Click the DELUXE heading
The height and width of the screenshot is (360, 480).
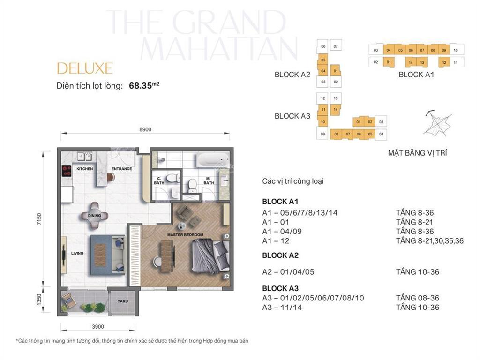tap(85, 68)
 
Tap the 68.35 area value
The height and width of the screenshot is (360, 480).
tap(140, 86)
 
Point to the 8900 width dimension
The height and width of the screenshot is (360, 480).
tap(145, 130)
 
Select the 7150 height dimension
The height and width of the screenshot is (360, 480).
tap(39, 219)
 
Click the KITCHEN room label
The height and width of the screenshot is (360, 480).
tap(84, 169)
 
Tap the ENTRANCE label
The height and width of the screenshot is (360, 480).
tap(121, 169)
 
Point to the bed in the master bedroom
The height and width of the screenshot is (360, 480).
tap(210, 255)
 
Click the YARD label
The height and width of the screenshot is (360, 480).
tap(122, 301)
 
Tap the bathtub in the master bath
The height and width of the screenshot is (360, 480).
tap(210, 161)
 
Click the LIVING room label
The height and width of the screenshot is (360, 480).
tap(77, 253)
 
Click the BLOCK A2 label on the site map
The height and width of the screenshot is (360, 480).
tap(292, 75)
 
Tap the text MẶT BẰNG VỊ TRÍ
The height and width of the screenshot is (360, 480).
tap(417, 153)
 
